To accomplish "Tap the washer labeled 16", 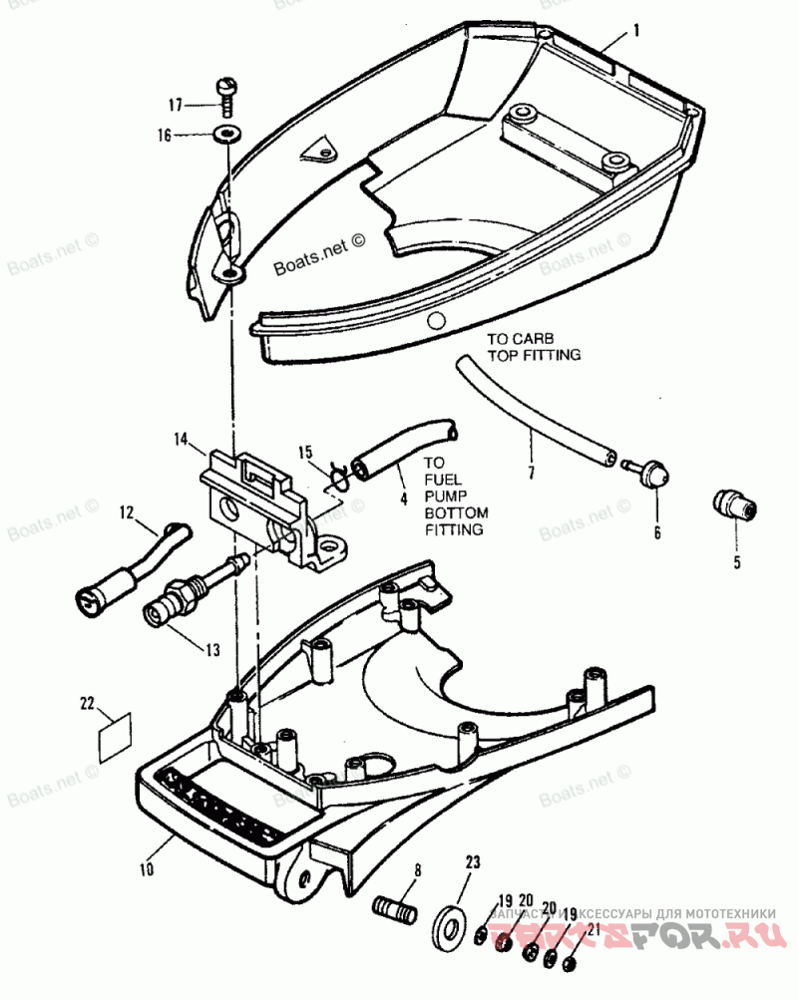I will tap(229, 133).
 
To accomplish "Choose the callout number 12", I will tap(127, 513).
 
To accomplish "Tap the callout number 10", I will tap(147, 868).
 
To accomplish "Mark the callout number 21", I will tap(595, 931).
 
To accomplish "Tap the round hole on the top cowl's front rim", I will tap(434, 321).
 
